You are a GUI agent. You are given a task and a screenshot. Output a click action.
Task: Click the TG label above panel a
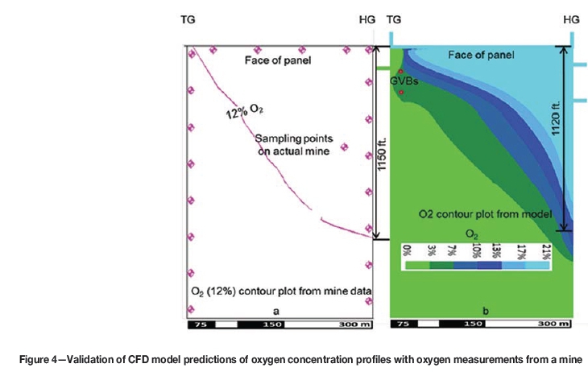point(188,18)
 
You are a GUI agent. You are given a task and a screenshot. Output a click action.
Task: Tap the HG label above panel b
point(571,18)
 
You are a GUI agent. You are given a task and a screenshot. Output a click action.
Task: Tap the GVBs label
point(406,81)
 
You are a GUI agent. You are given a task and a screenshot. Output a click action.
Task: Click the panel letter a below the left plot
point(278,310)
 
